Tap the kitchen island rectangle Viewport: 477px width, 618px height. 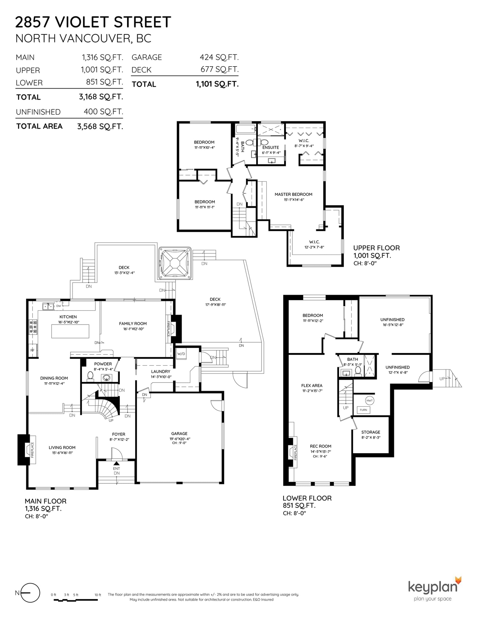(x=70, y=331)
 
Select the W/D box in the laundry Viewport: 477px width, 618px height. (x=181, y=354)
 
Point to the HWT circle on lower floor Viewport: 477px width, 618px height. (x=369, y=400)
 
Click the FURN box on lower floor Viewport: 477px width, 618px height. (x=363, y=410)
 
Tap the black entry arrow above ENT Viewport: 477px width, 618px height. (x=117, y=463)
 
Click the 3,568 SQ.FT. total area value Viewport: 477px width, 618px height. (x=100, y=127)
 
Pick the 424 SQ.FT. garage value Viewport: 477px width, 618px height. (x=219, y=57)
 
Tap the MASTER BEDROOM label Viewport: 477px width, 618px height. (x=293, y=194)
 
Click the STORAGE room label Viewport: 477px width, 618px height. (x=371, y=432)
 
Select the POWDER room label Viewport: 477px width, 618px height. (x=103, y=364)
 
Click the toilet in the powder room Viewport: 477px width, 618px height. (x=90, y=376)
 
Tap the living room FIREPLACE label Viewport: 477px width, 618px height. (x=32, y=450)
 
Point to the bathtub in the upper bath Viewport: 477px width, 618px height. (x=246, y=129)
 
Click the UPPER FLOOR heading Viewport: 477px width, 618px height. (x=377, y=248)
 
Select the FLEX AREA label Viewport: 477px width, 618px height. (x=312, y=386)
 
